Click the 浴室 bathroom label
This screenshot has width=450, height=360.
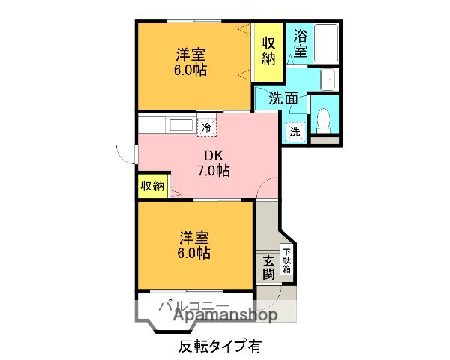[x=300, y=43]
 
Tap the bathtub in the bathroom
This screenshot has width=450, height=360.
[x=325, y=44]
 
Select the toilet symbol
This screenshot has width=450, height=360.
[x=325, y=118]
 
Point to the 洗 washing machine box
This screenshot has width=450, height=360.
[x=295, y=130]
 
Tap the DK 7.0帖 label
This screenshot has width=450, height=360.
[x=213, y=163]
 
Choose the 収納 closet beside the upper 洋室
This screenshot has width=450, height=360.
[x=268, y=51]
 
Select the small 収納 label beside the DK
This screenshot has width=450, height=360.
[x=152, y=186]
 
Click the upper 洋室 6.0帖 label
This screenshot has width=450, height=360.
[x=191, y=63]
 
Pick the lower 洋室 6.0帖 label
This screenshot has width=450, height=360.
[x=193, y=245]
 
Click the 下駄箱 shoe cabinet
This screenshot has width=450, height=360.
[x=286, y=259]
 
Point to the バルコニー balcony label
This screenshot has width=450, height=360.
[x=193, y=304]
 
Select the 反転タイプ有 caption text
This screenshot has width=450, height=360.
[x=220, y=346]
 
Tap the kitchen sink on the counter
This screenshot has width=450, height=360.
[x=179, y=125]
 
